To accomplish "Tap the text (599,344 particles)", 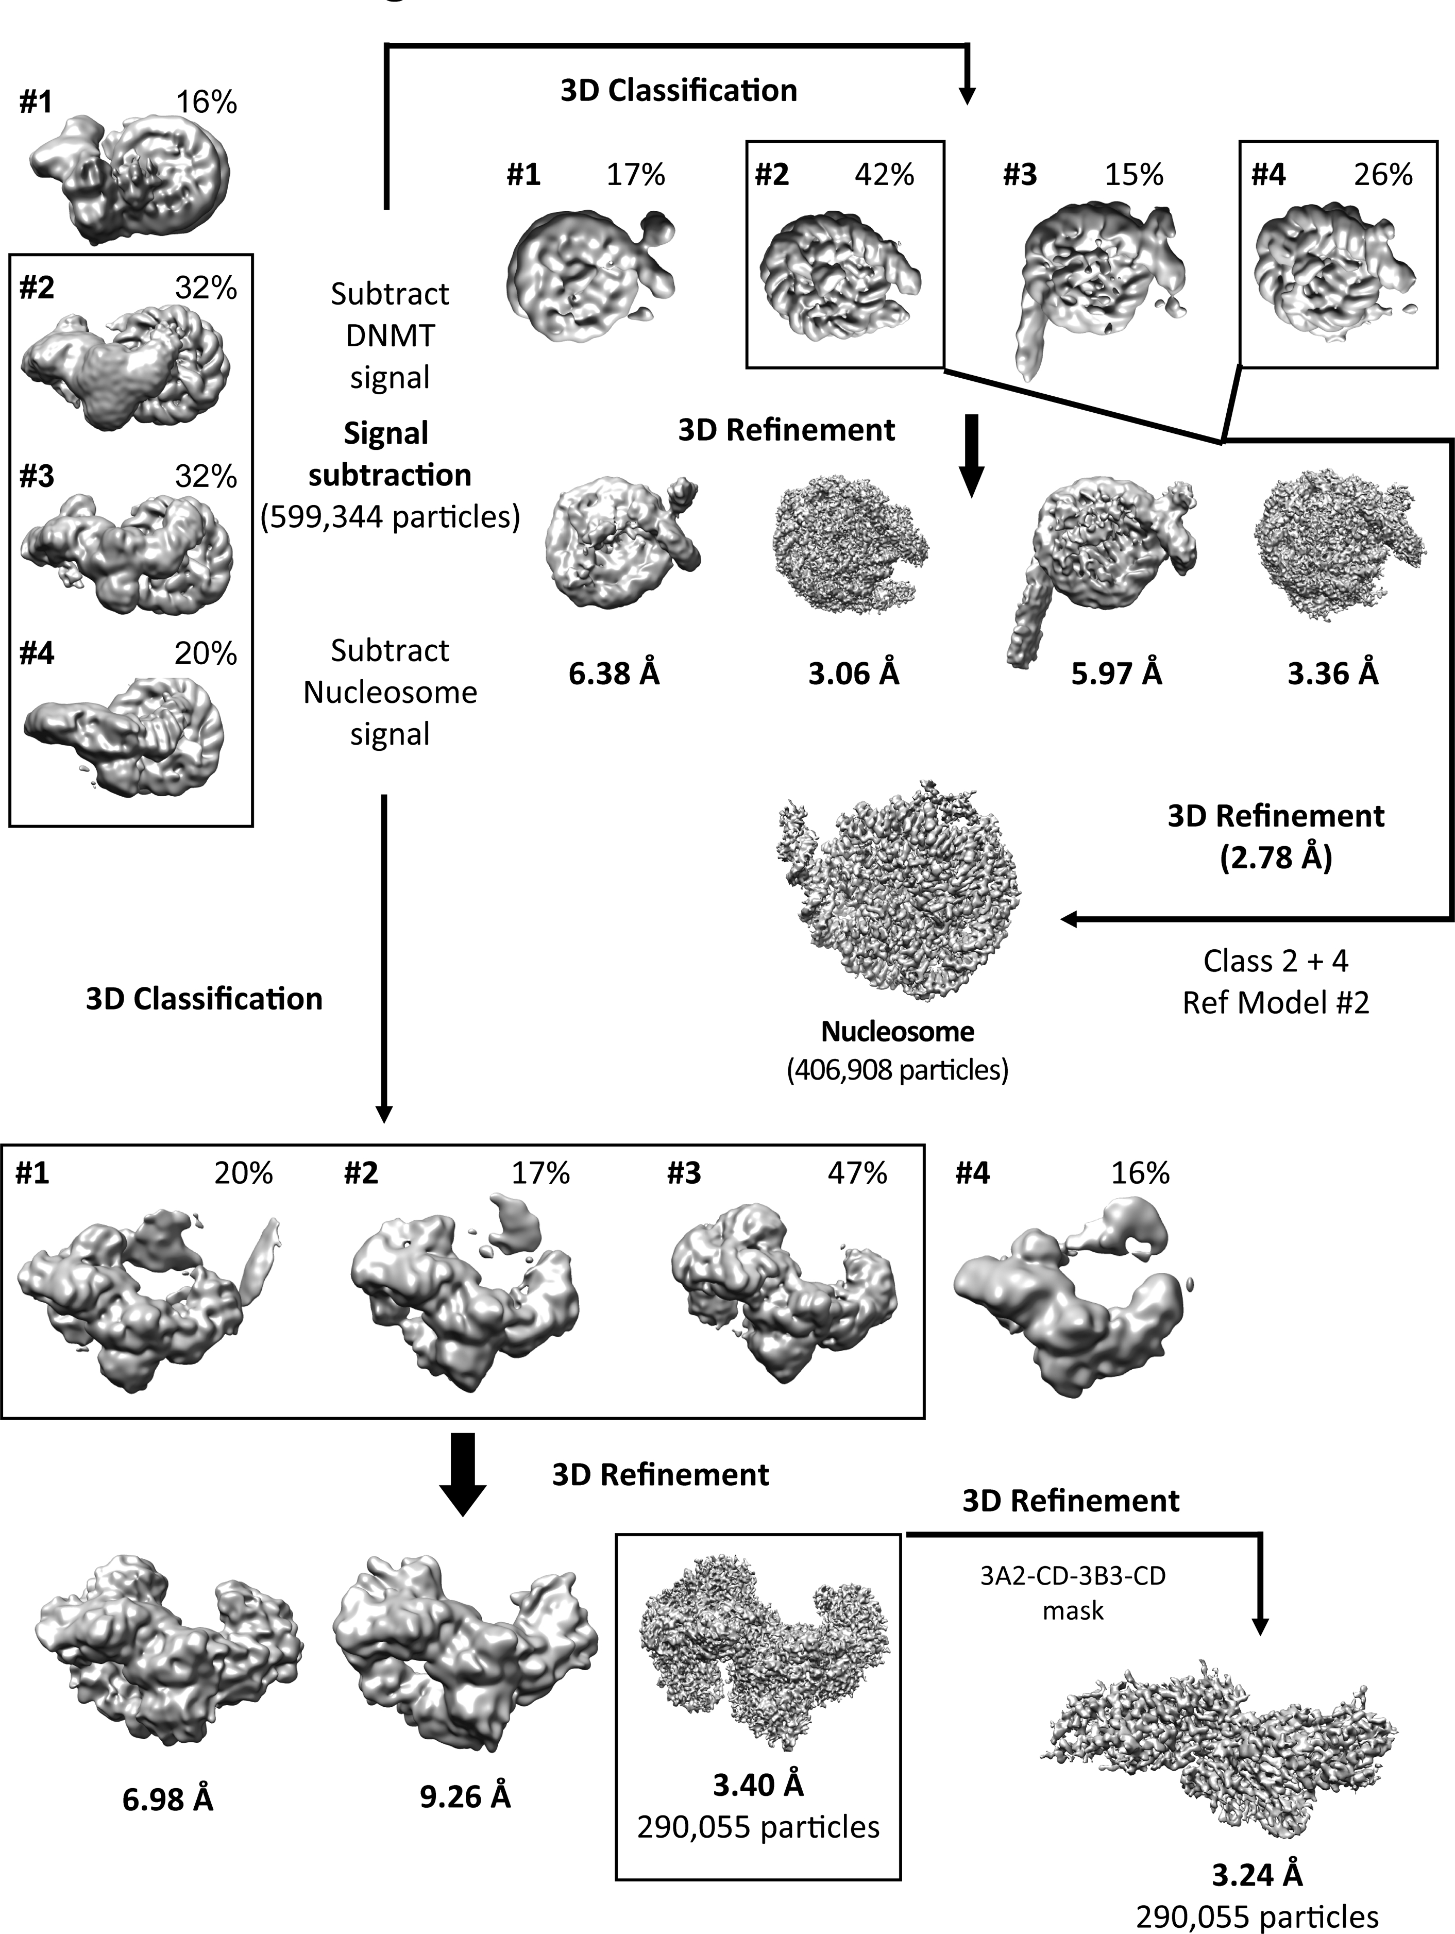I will pos(390,517).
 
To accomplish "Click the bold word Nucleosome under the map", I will pos(897,1032).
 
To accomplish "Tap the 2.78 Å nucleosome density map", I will pos(901,892).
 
